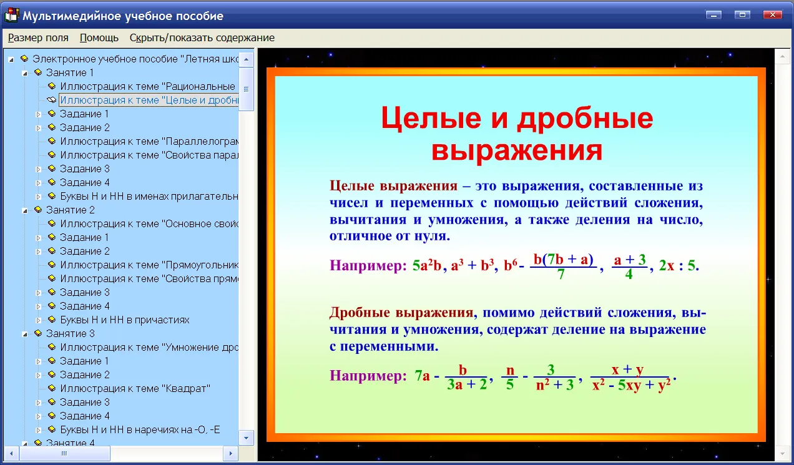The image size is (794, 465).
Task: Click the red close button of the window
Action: tap(772, 15)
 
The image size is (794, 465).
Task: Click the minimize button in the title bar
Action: tap(713, 15)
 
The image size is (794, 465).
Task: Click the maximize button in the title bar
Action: tap(742, 15)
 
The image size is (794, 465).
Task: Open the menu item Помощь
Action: tap(99, 37)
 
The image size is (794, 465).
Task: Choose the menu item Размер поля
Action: tap(38, 37)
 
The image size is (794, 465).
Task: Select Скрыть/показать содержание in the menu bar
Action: tap(202, 37)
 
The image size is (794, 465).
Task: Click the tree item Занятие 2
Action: tap(70, 210)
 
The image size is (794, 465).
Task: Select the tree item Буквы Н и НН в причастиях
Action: tap(125, 320)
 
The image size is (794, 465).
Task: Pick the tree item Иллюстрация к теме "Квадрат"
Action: tap(135, 388)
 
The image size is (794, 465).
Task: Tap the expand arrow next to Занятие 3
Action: tap(25, 334)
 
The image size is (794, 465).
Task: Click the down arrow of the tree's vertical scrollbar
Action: tap(247, 438)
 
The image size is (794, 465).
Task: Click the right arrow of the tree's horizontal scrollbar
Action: tap(231, 453)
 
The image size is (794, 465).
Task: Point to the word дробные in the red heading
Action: tap(584, 119)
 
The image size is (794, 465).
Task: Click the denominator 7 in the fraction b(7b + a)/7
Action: tap(561, 274)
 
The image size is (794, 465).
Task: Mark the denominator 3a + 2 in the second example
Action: tap(467, 384)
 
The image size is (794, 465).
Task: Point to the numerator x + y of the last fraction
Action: tap(627, 370)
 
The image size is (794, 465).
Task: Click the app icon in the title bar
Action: tap(11, 15)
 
